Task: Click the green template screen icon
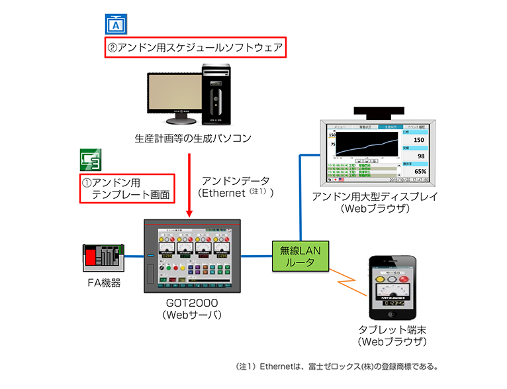[91, 160]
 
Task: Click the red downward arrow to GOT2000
[190, 186]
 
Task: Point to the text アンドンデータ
[235, 180]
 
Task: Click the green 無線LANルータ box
[301, 256]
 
